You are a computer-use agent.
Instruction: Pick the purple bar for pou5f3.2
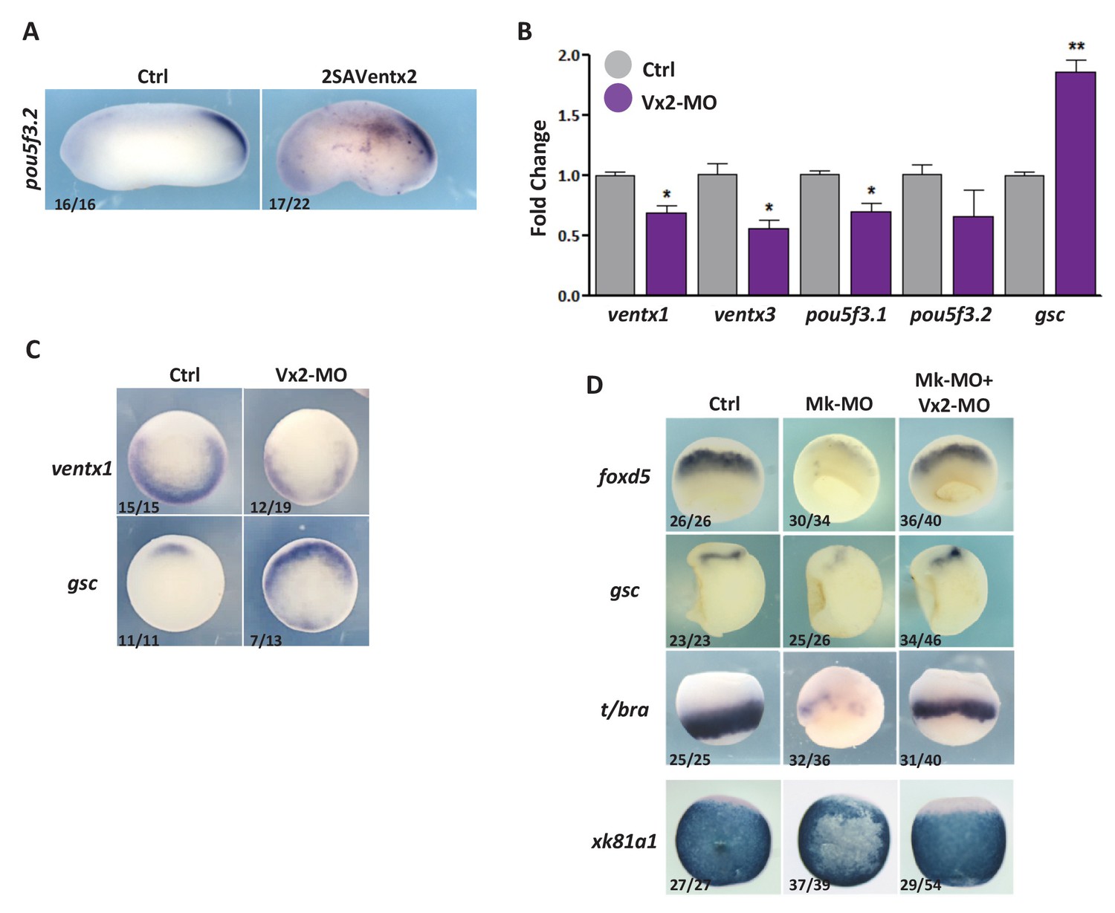pyautogui.click(x=973, y=256)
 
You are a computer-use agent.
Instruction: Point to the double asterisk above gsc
pyautogui.click(x=1076, y=47)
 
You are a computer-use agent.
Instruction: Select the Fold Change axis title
pyautogui.click(x=539, y=178)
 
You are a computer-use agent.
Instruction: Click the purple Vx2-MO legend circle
pyautogui.click(x=618, y=99)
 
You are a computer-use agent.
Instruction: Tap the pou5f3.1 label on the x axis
pyautogui.click(x=846, y=315)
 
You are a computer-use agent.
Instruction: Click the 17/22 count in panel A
pyautogui.click(x=289, y=203)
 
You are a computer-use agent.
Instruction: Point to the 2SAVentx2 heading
pyautogui.click(x=369, y=76)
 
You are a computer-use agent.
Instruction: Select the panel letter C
pyautogui.click(x=32, y=350)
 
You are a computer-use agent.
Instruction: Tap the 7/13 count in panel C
pyautogui.click(x=265, y=640)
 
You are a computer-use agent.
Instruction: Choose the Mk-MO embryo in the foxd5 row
pyautogui.click(x=839, y=475)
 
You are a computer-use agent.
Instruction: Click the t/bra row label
pyautogui.click(x=624, y=709)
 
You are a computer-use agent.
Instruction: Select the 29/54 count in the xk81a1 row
pyautogui.click(x=920, y=885)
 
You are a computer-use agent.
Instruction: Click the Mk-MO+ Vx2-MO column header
pyautogui.click(x=954, y=392)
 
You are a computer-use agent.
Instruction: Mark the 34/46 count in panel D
pyautogui.click(x=920, y=640)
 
